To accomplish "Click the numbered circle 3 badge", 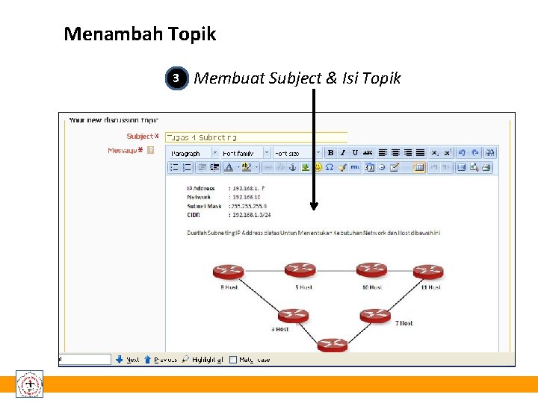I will [176, 78].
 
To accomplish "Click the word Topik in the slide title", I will [192, 34].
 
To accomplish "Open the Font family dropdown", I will [244, 153].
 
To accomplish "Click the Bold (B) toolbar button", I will [330, 152].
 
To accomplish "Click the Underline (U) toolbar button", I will [355, 152].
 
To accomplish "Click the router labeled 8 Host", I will [228, 271].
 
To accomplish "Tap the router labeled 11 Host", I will [428, 271].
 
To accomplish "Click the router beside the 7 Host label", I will [375, 316].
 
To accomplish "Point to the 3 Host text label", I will [280, 329].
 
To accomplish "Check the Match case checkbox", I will [233, 360].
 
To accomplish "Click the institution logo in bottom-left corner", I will [30, 384].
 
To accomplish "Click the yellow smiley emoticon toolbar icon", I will [382, 167].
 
